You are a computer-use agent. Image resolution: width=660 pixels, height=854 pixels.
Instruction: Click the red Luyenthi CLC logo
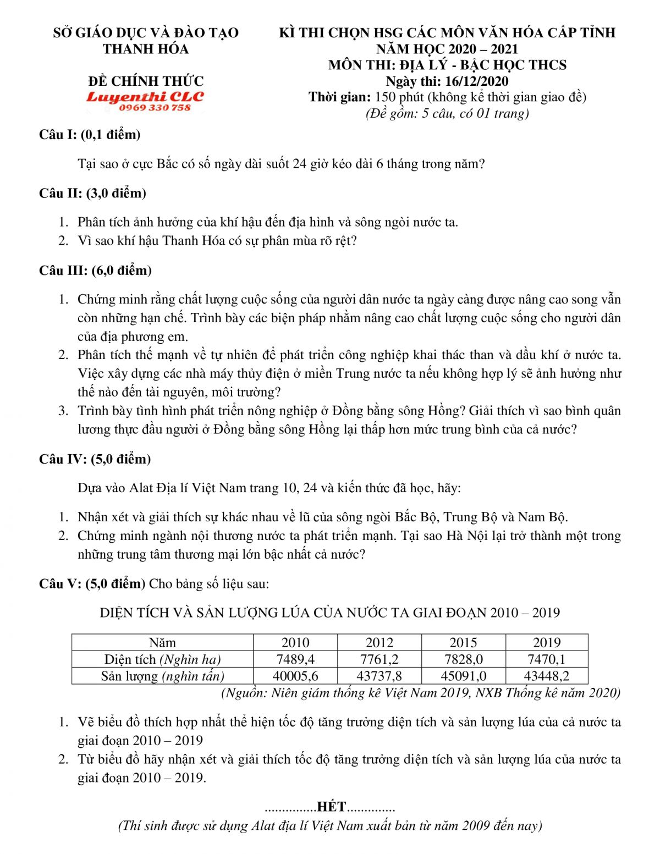(x=145, y=97)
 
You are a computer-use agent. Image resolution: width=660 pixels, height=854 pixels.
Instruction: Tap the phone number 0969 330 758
(x=155, y=108)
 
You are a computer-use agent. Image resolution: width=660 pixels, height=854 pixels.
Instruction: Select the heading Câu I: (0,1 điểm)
(x=90, y=135)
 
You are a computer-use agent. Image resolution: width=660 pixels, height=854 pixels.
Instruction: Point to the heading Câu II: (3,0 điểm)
(x=92, y=194)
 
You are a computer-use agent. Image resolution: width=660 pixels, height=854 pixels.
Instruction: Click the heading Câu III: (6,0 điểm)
(x=95, y=271)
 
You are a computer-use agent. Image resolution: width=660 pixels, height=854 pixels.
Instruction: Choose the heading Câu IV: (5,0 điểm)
(x=95, y=459)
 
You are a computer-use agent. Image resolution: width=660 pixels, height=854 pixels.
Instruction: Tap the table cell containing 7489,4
(x=295, y=659)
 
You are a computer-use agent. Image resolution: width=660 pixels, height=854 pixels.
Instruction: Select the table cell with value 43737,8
(x=380, y=676)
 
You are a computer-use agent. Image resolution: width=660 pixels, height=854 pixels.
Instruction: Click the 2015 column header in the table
(x=463, y=643)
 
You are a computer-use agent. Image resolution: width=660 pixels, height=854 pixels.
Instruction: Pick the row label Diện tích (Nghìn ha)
(x=162, y=659)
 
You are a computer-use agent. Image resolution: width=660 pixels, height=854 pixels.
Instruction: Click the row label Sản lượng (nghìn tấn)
(x=162, y=676)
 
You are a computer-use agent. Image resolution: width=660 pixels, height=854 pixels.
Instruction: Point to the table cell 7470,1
(x=547, y=659)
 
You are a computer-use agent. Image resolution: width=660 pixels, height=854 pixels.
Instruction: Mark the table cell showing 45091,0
(x=463, y=676)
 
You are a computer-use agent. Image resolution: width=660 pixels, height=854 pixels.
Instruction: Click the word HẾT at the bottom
(x=331, y=807)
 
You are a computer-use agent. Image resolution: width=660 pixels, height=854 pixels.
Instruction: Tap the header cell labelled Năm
(x=162, y=643)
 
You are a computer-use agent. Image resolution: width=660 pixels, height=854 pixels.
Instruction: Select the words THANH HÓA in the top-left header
(x=146, y=49)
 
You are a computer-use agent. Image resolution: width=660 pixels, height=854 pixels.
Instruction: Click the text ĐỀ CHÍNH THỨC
(x=146, y=81)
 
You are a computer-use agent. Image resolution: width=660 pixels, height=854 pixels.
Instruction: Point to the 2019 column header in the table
(x=547, y=643)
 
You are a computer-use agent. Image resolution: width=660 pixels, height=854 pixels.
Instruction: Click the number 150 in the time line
(x=385, y=97)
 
